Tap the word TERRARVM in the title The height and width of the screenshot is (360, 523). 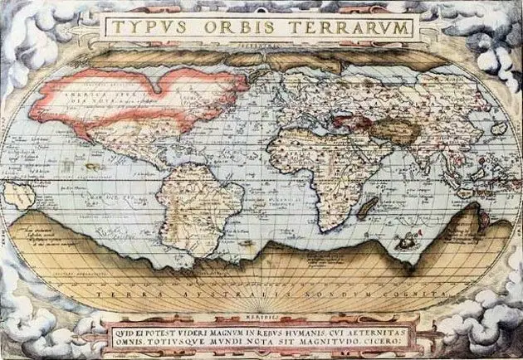[x=349, y=27]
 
